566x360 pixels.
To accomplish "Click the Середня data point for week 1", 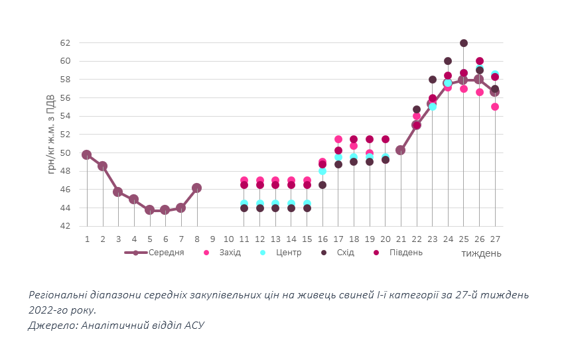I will click(x=87, y=154).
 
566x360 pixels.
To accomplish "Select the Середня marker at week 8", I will click(x=196, y=188).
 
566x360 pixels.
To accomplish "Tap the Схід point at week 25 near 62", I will click(x=464, y=43).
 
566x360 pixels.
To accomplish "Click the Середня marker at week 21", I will click(x=401, y=150).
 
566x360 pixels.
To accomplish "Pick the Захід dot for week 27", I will click(x=495, y=107).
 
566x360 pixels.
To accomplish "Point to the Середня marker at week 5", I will click(x=149, y=210).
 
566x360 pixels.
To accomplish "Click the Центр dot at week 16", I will click(x=322, y=171).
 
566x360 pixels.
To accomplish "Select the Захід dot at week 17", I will click(x=338, y=139).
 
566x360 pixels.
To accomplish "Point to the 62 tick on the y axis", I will click(x=65, y=43).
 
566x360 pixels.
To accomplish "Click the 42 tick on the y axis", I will click(x=65, y=226).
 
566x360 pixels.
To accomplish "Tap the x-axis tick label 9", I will click(x=212, y=239).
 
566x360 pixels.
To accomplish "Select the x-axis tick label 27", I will click(x=495, y=239).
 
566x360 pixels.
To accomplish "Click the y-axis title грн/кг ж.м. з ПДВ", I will click(x=52, y=135).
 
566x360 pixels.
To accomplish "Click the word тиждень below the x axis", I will click(x=481, y=253).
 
